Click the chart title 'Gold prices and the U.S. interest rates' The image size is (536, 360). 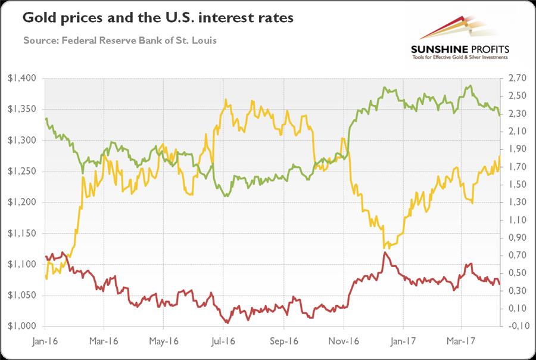[158, 18]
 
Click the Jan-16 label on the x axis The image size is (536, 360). [45, 343]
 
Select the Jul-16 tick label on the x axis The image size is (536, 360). [224, 343]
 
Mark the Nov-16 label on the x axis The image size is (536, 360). [344, 343]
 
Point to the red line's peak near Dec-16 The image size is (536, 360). [385, 253]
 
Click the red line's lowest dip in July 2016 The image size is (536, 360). [227, 322]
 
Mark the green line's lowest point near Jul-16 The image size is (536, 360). [226, 196]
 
